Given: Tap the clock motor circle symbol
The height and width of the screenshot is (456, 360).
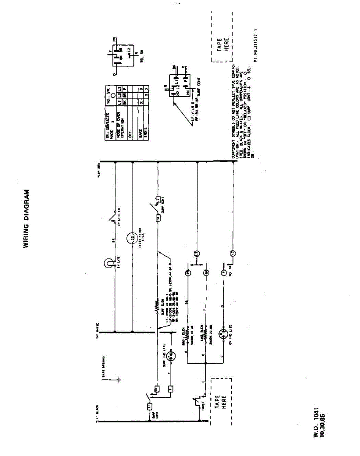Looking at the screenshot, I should coord(133,238).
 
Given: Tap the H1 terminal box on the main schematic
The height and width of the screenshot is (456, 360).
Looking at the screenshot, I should coord(156,389).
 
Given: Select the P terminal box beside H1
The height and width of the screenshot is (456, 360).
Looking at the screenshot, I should coord(171,389).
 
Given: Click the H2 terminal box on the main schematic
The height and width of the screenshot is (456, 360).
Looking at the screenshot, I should coord(157,218).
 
